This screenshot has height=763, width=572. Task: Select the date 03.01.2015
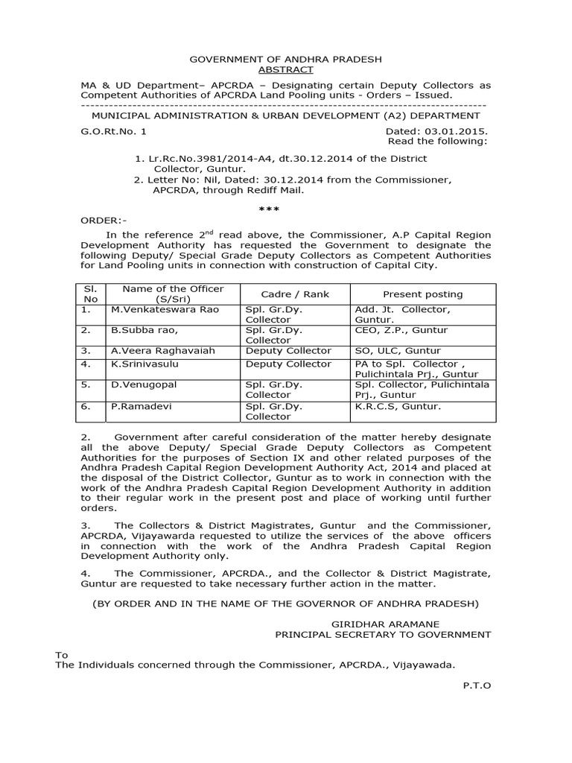456,131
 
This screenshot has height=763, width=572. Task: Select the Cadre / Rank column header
286,294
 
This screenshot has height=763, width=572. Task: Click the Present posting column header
422,294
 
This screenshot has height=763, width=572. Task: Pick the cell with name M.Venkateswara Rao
165,309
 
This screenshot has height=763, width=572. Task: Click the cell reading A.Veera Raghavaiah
158,350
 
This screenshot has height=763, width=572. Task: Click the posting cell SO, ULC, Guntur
398,350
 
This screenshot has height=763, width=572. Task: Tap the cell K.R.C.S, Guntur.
398,406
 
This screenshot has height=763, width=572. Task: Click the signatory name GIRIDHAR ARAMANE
385,623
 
